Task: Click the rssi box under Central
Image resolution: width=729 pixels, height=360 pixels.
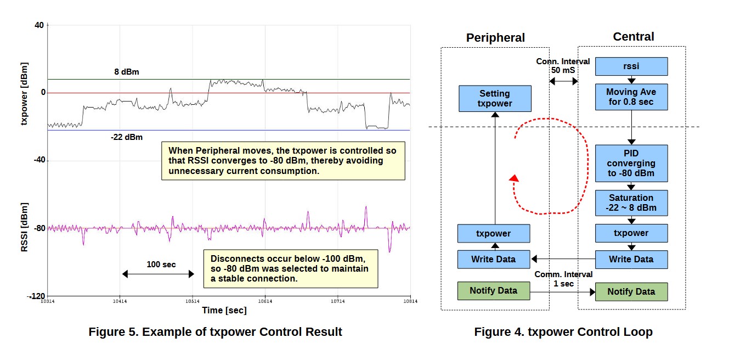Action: click(x=631, y=66)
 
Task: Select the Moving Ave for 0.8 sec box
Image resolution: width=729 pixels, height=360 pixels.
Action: click(x=631, y=98)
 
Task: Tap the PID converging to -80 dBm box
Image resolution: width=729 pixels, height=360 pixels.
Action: click(x=631, y=164)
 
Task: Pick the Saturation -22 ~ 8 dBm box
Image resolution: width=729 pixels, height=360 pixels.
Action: click(x=631, y=203)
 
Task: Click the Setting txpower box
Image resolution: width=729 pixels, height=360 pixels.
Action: click(x=495, y=99)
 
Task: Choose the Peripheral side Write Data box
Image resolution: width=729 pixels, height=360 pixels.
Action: click(x=494, y=259)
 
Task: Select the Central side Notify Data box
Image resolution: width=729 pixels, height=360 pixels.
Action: click(x=631, y=291)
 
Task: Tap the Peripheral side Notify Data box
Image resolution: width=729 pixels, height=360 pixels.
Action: click(x=494, y=291)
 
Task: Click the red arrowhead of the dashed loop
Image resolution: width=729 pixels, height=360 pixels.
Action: click(x=513, y=178)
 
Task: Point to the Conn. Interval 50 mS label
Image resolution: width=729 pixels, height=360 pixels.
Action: click(x=563, y=66)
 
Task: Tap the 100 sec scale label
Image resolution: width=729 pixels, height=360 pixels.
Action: click(x=161, y=265)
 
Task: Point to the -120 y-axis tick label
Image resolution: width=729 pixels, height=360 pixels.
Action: click(x=37, y=296)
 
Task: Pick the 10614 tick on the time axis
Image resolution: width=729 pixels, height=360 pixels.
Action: click(x=265, y=301)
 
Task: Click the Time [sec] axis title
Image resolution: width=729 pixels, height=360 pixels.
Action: click(x=224, y=311)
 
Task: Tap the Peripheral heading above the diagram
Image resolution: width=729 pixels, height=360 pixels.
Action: click(x=495, y=38)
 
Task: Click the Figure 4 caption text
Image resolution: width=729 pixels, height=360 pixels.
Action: click(x=563, y=332)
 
